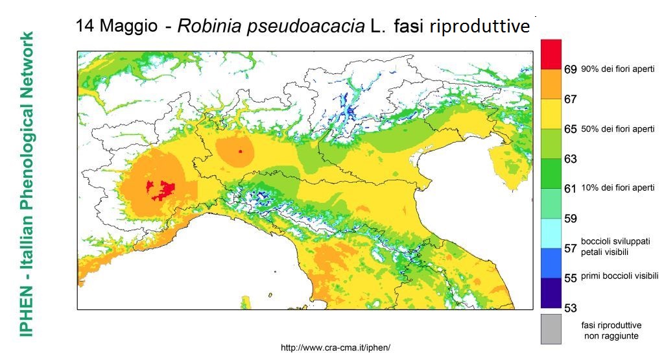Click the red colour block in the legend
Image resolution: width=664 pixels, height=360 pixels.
coord(551,54)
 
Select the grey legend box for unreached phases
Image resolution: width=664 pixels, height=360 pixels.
coord(551,330)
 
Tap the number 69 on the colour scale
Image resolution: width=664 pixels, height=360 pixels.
coord(571,69)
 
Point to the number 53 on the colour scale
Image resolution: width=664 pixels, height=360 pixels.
coord(571,307)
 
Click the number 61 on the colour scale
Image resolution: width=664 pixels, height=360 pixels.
coord(571,189)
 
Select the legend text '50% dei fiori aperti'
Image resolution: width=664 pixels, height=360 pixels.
coord(617,129)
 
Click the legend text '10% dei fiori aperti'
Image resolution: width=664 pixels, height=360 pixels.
coord(617,188)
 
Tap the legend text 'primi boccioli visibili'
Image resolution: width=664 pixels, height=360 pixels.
coord(619,276)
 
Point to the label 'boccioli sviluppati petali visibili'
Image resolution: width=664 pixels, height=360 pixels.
coord(610,246)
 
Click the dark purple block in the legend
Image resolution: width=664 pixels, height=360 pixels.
coord(551,293)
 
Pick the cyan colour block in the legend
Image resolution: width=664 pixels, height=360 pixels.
coord(551,233)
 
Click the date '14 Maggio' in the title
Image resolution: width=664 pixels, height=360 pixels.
coord(115,27)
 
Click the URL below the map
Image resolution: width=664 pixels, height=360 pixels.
coord(335,348)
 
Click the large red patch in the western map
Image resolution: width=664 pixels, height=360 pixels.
coord(162,189)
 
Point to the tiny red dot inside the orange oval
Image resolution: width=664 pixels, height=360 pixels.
coord(240,151)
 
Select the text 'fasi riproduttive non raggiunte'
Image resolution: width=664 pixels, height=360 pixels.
coord(610,330)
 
